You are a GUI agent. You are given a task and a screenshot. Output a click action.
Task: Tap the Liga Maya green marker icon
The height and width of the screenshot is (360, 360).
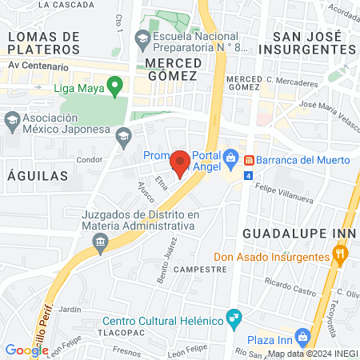[114, 84]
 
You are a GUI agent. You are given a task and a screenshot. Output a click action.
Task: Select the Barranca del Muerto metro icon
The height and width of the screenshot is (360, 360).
[250, 159]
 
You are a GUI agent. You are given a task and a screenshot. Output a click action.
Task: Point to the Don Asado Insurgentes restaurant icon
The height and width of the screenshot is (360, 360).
[340, 256]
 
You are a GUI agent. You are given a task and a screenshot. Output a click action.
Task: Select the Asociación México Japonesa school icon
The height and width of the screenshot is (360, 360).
[11, 122]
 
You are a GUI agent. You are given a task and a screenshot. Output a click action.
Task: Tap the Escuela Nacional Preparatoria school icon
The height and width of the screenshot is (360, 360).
[142, 38]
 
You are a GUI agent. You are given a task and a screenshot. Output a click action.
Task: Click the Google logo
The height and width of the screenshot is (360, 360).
[27, 350]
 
